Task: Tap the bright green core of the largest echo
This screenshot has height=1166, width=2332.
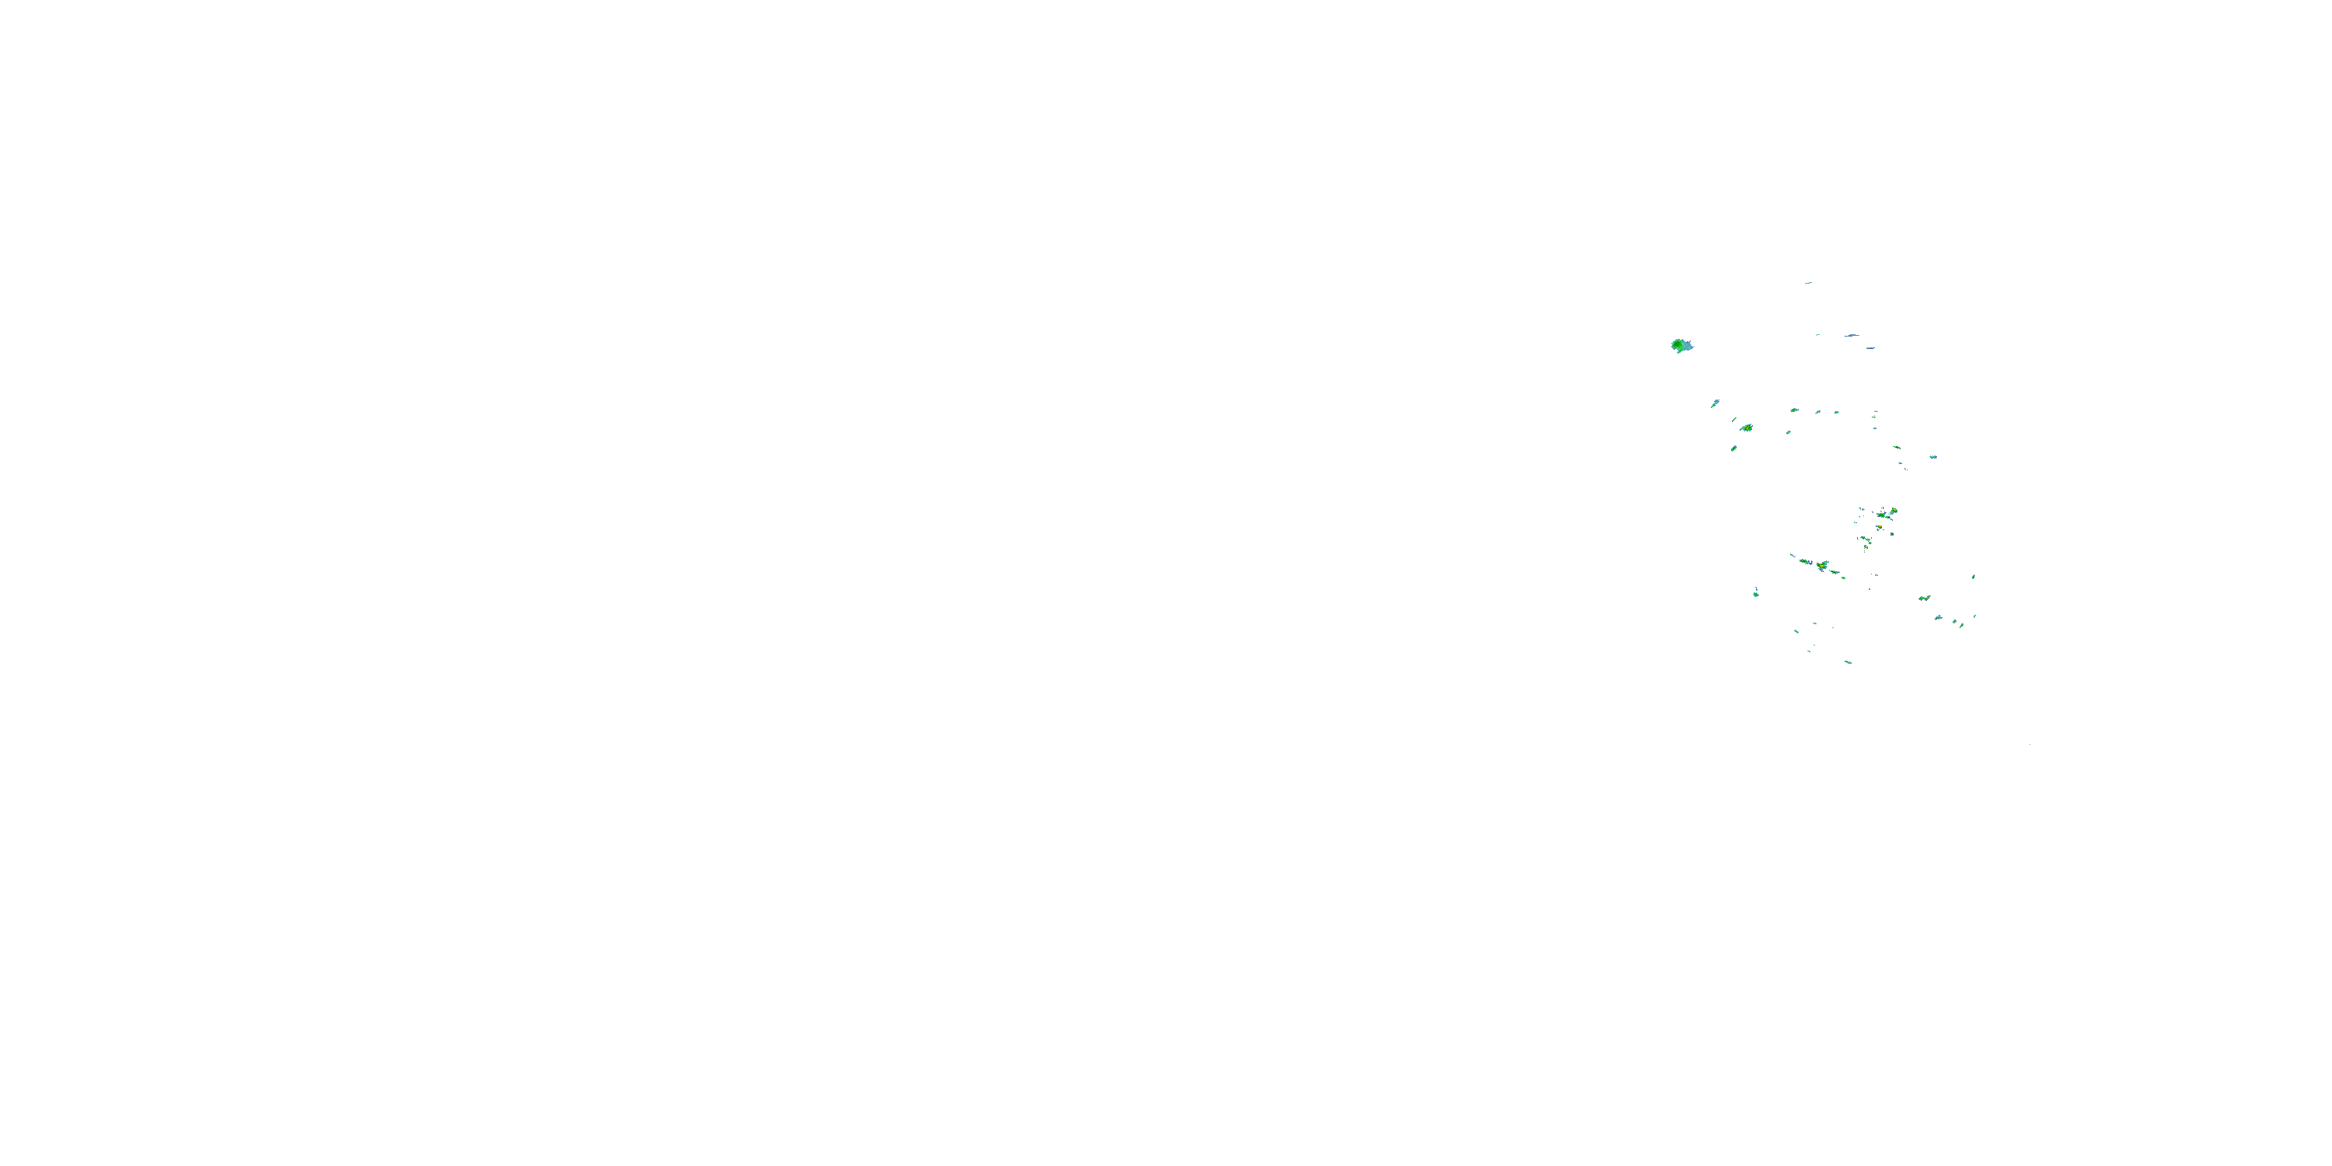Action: (x=1677, y=345)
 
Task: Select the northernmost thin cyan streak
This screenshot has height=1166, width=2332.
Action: (x=1808, y=282)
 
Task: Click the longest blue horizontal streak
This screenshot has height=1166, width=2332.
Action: (x=1852, y=335)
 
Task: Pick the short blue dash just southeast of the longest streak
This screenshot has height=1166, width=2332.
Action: (x=1869, y=347)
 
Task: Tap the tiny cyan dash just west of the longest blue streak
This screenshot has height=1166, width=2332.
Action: (x=1818, y=335)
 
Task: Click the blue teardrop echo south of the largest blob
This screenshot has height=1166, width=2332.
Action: (x=1715, y=403)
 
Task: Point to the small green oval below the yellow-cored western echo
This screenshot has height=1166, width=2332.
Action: (x=1733, y=448)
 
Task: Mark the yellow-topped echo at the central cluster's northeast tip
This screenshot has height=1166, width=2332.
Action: (x=1893, y=511)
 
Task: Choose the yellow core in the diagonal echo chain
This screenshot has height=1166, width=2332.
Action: (x=1821, y=566)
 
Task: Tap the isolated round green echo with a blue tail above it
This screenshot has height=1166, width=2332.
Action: (x=1756, y=594)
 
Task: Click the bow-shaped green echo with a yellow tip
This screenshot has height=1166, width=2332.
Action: (x=1925, y=599)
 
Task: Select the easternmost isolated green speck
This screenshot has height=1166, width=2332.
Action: (x=1974, y=577)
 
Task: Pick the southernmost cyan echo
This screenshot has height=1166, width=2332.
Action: (x=1848, y=662)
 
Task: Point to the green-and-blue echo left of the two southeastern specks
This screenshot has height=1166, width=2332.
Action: (x=1938, y=617)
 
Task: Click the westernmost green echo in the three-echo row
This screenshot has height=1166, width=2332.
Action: (x=1793, y=410)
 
